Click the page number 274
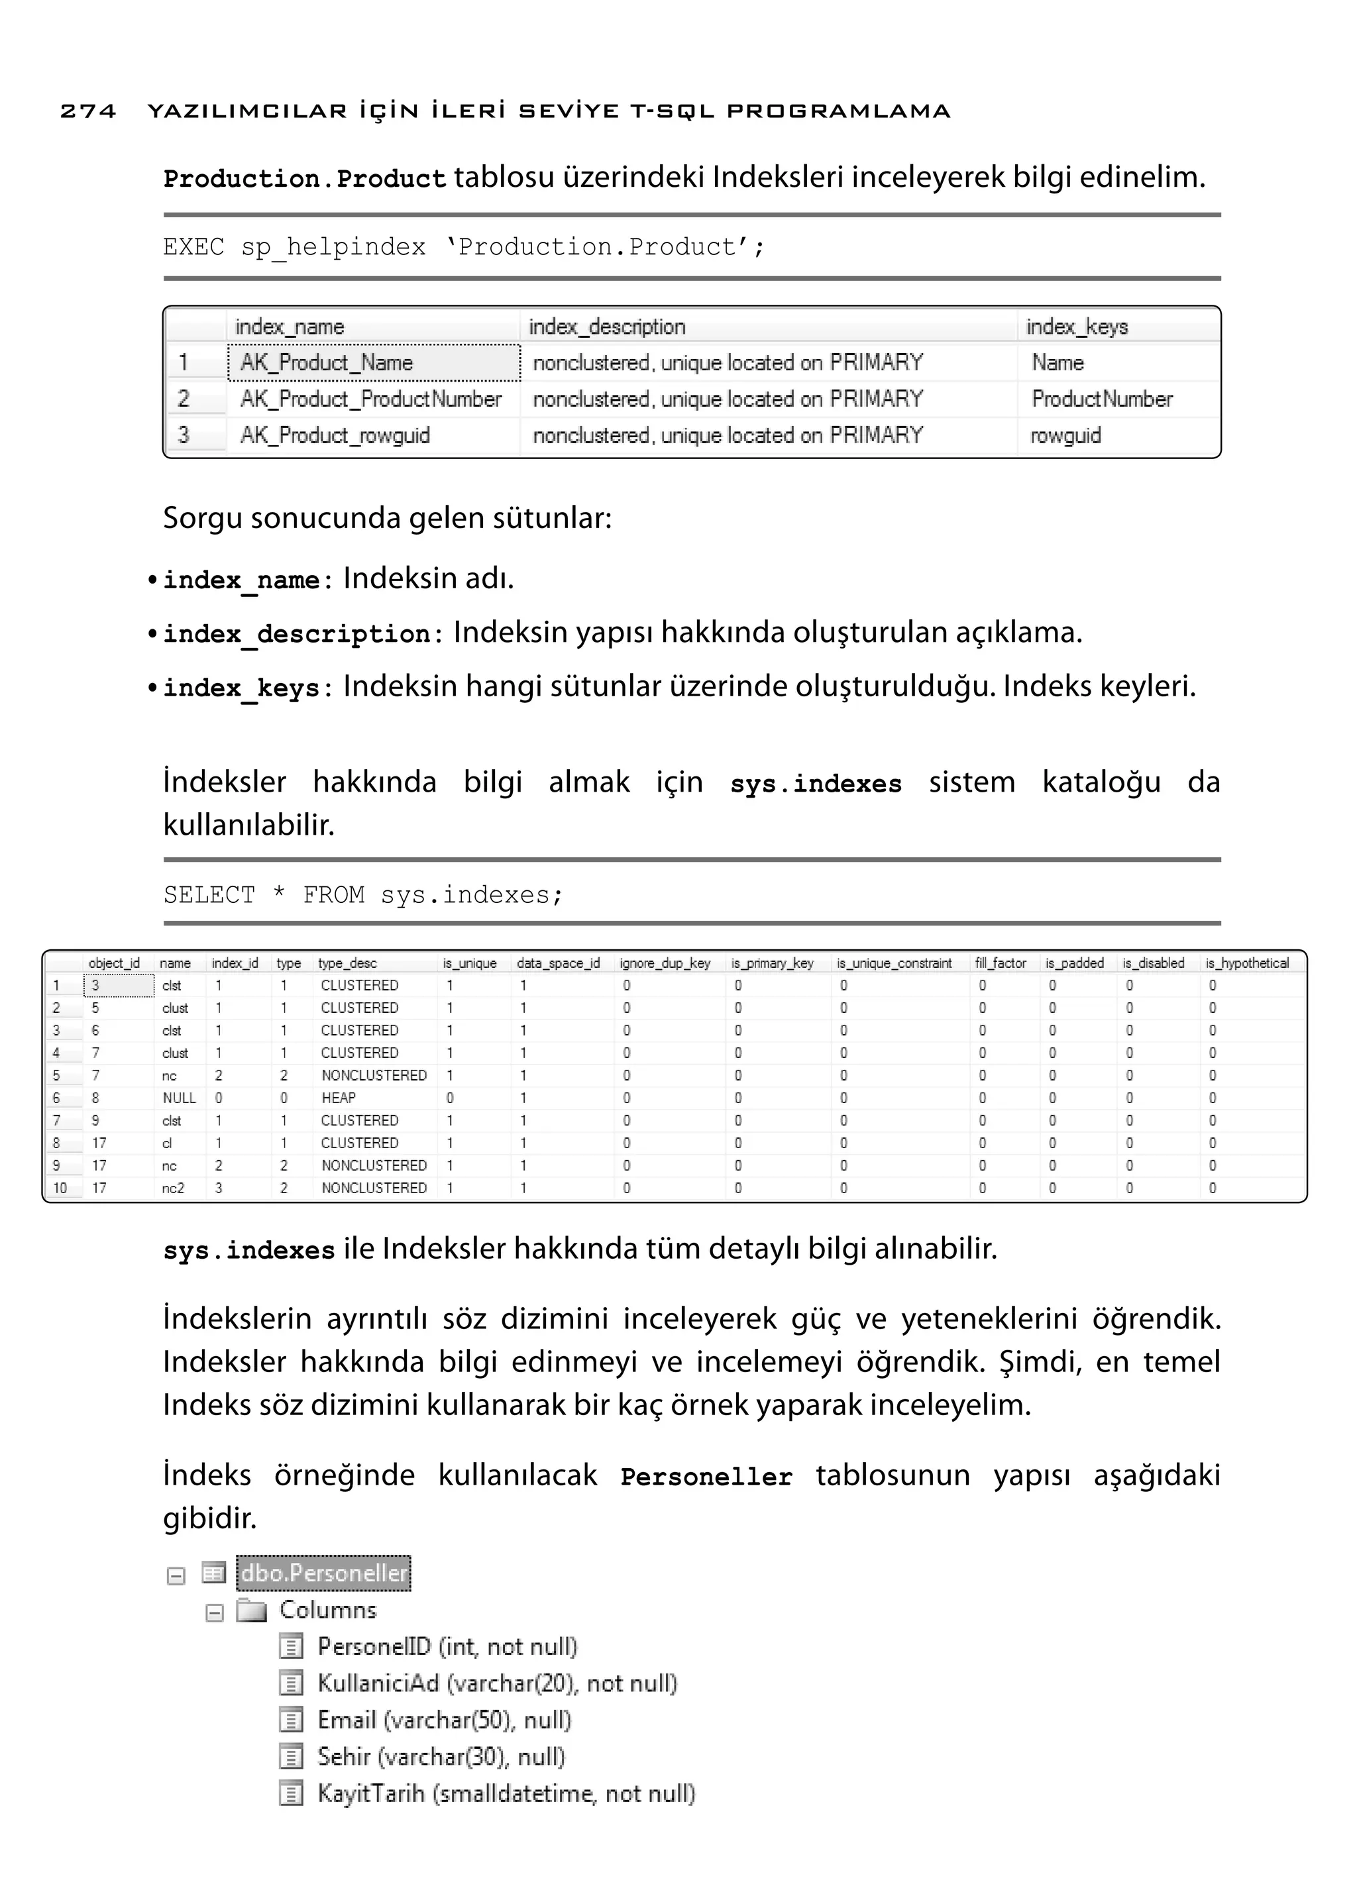pos(87,111)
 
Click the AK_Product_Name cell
pos(327,362)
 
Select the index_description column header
pos(607,327)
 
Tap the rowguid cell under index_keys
pos(1065,435)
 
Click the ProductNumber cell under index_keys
pos(1101,399)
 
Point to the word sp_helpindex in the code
pos(333,247)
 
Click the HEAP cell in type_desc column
pos(339,1098)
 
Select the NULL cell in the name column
pos(179,1098)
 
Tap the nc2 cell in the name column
pos(173,1188)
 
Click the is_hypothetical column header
pos(1247,963)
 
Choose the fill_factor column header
pos(1001,963)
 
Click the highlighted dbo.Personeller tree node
pos(324,1573)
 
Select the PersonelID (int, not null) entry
pos(447,1647)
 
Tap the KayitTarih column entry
pos(506,1793)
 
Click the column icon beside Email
pos(290,1720)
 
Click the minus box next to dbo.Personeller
pos(176,1576)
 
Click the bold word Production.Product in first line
pos(304,179)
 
